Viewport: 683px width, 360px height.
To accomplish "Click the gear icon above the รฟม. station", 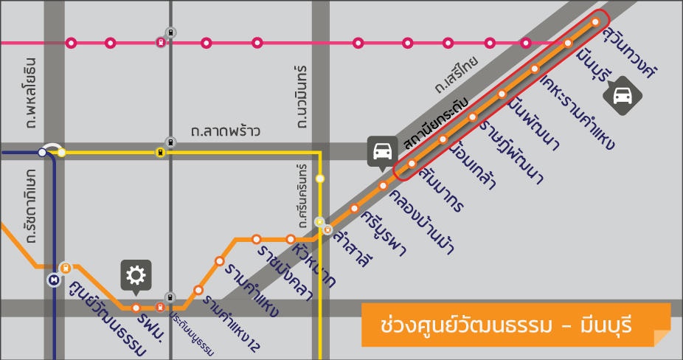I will [136, 275].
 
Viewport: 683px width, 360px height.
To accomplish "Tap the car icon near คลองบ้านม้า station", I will [381, 151].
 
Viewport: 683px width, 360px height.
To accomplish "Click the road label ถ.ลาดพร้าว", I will [225, 132].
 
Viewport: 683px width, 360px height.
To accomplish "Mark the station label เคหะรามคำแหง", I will [578, 111].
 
